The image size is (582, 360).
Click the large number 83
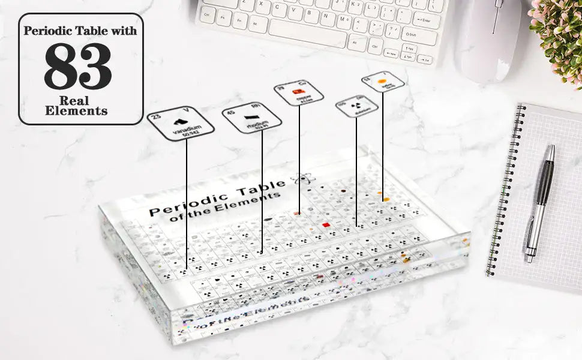(x=78, y=66)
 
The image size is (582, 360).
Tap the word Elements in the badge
(x=76, y=111)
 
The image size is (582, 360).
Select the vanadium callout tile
(x=181, y=125)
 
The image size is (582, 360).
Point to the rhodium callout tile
(x=253, y=118)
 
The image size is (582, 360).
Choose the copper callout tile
(x=299, y=92)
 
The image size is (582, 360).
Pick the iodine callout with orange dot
(x=383, y=81)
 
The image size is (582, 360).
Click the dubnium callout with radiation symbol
(x=356, y=106)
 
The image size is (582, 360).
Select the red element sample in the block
(x=326, y=225)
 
